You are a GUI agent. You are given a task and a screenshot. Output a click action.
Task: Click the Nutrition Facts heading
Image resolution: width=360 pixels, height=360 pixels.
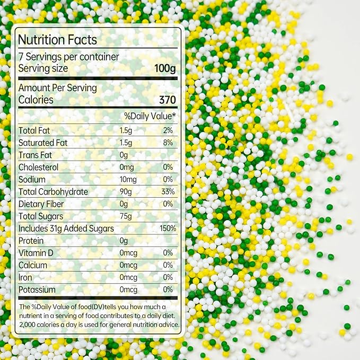tap(58, 40)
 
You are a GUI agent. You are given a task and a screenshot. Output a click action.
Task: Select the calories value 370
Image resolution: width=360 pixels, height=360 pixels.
tap(166, 99)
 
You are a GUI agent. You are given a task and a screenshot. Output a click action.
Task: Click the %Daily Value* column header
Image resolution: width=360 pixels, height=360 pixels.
tap(150, 116)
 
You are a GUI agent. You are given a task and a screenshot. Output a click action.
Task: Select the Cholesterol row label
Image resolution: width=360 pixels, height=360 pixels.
tap(38, 167)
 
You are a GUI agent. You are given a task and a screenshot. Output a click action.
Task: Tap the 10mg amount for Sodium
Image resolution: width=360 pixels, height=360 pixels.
tap(128, 180)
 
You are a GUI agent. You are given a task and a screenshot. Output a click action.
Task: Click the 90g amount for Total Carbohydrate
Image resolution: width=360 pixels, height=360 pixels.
tap(126, 192)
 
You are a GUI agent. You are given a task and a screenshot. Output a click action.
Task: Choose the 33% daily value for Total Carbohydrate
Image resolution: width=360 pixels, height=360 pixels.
tap(166, 192)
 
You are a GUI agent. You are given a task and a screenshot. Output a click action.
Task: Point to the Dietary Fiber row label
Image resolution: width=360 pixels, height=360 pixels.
tap(41, 204)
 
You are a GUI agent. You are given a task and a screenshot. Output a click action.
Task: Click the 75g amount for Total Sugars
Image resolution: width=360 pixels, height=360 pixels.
tap(126, 216)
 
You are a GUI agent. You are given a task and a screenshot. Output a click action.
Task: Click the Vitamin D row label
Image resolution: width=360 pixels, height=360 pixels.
tap(36, 253)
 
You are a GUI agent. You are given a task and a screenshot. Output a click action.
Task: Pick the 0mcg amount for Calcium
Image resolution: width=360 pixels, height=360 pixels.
tap(128, 265)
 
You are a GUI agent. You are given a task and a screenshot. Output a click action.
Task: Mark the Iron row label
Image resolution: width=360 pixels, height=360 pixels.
tap(25, 277)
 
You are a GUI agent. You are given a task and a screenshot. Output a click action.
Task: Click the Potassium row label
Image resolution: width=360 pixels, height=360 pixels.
tap(37, 289)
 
